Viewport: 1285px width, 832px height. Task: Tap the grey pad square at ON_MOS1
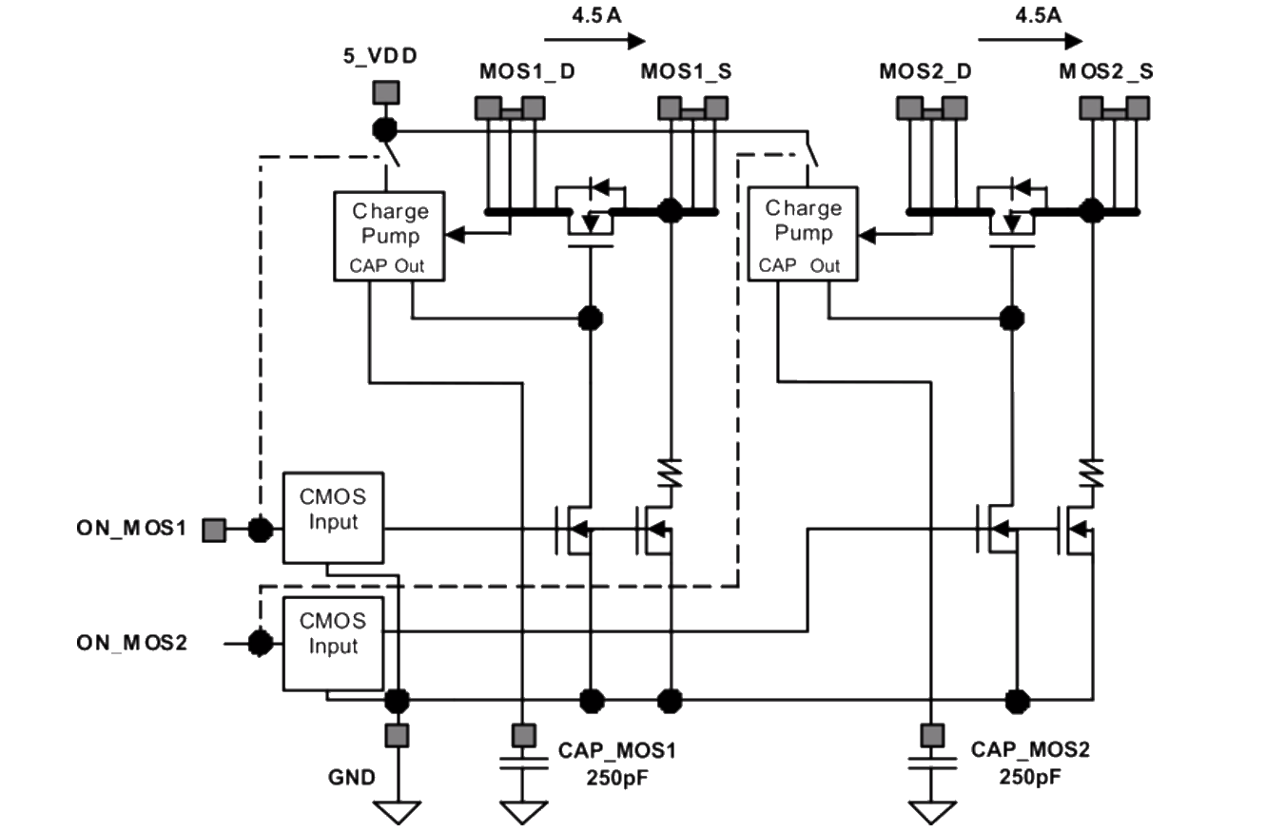tap(214, 529)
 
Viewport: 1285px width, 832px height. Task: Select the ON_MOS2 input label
tap(132, 643)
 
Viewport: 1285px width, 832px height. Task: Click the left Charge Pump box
tap(393, 236)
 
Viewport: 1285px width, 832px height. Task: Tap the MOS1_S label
tap(686, 72)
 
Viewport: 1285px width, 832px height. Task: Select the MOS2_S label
tap(1107, 72)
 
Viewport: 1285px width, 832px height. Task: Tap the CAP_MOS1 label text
tap(618, 750)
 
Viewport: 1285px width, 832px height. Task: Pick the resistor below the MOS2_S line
tap(1093, 470)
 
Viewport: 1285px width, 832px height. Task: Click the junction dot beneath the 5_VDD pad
tap(385, 129)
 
